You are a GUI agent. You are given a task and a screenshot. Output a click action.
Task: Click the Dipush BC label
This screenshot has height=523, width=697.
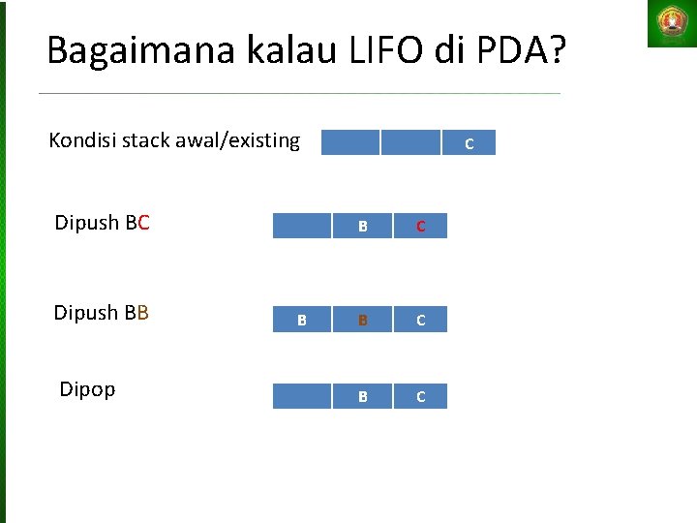[x=102, y=224]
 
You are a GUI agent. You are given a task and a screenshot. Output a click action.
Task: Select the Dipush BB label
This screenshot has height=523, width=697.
[x=102, y=313]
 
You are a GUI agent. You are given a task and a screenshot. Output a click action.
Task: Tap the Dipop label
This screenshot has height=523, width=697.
[x=87, y=389]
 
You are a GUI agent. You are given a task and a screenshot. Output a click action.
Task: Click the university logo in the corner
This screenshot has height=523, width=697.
[x=671, y=23]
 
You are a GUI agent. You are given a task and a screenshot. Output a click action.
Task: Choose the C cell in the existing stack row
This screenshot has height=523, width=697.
[x=469, y=143]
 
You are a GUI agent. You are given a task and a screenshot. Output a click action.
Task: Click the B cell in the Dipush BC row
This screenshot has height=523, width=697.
[x=362, y=227]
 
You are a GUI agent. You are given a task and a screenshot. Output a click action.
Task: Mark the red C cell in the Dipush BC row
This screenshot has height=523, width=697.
[x=420, y=227]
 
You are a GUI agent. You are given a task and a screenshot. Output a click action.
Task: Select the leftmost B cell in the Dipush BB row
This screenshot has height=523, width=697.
[x=302, y=320]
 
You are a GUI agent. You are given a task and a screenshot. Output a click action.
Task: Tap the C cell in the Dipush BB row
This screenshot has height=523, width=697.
[x=420, y=320]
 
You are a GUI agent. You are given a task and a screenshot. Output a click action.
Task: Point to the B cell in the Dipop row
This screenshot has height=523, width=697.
[x=362, y=397]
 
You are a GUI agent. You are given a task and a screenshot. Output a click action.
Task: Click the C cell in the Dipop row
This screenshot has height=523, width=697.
[x=420, y=397]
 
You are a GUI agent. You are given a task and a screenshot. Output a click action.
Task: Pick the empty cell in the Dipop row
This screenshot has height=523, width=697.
[x=302, y=397]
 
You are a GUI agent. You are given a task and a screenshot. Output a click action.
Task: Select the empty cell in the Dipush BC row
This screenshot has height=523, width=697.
[x=302, y=227]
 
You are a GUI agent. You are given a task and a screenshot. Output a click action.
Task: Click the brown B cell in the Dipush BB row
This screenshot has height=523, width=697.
[x=362, y=320]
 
